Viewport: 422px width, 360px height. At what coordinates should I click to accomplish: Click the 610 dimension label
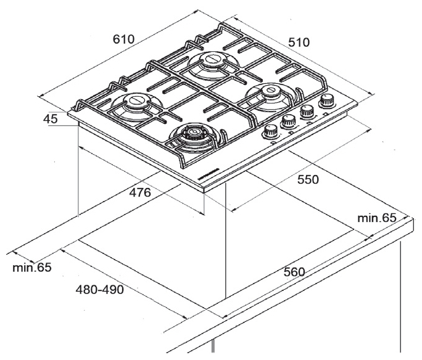coord(123,39)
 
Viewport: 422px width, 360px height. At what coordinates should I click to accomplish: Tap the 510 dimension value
coord(299,43)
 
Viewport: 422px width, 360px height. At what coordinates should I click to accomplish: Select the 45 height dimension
coord(52,118)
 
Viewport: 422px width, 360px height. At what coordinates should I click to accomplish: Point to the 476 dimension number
coord(140,192)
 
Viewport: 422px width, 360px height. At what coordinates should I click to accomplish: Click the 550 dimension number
coord(307,179)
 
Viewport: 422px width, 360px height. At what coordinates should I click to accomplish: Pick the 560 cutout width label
coord(296,272)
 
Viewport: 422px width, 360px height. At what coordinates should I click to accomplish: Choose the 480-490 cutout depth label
coord(100,289)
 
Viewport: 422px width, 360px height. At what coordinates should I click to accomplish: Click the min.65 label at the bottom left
coord(31,267)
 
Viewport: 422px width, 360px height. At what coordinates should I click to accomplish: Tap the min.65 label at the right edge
coord(376,218)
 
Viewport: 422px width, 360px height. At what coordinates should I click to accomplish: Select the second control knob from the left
coord(288,121)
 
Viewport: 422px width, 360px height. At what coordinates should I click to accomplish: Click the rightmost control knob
coord(328,100)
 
